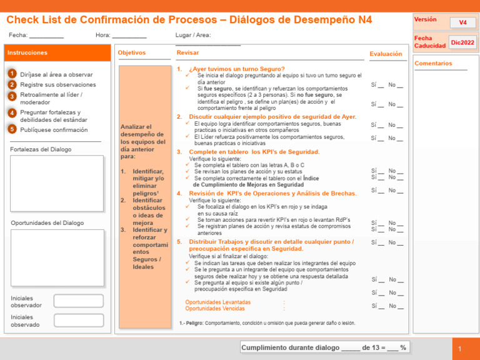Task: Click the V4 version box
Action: coord(462,22)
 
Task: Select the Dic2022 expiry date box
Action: coord(462,42)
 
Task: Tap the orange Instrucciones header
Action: coord(57,53)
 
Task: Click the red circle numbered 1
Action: coord(12,74)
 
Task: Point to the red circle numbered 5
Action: coord(12,129)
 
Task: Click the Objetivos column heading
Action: coord(132,53)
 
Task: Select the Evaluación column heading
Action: coord(386,54)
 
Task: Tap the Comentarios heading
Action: coord(433,63)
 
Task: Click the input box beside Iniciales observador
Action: coord(78,301)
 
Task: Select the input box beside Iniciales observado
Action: coord(78,321)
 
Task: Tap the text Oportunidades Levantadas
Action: coord(218,302)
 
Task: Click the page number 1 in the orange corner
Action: coord(459,349)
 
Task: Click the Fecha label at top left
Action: coord(18,36)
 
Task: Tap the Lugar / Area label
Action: coord(193,36)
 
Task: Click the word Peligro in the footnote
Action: coord(196,323)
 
